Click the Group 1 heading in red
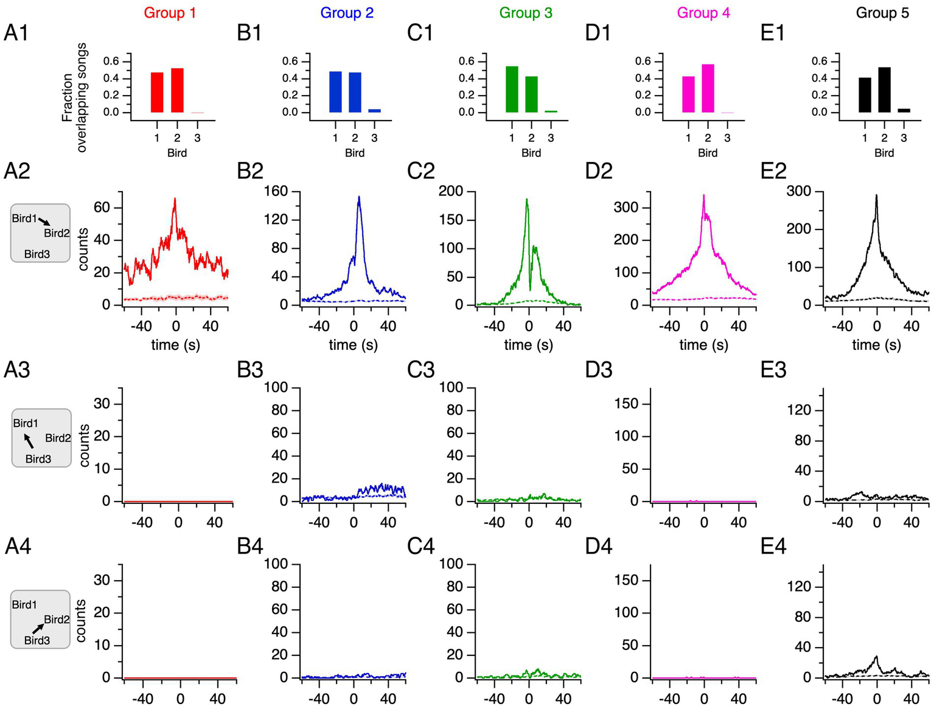point(170,13)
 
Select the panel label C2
point(421,172)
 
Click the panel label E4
point(773,547)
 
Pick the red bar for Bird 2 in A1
point(177,90)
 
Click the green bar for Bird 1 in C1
point(512,89)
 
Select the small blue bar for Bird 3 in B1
point(374,111)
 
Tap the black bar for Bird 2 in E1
point(884,89)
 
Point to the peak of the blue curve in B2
point(359,197)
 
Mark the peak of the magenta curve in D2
point(703,196)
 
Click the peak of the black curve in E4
point(876,657)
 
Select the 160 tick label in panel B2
point(275,191)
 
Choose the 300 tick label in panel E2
point(798,191)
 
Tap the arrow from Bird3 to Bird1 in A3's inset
point(29,441)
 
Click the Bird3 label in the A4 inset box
point(37,640)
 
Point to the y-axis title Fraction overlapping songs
point(74,97)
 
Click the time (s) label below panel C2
point(528,345)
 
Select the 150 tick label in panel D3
point(626,403)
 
